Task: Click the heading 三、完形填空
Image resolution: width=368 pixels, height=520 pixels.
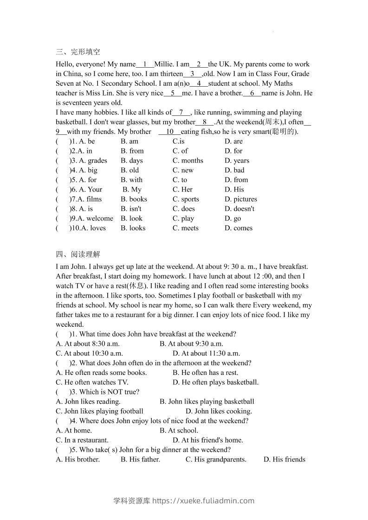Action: (x=77, y=52)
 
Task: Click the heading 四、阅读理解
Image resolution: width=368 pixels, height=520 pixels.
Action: (x=77, y=254)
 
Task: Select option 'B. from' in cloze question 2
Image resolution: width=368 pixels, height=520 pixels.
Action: (x=132, y=151)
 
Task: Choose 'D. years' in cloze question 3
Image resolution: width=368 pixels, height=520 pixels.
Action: (x=237, y=161)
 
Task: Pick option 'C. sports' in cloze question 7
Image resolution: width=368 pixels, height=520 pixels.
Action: (x=186, y=199)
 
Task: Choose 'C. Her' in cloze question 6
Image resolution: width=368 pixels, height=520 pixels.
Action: (x=182, y=190)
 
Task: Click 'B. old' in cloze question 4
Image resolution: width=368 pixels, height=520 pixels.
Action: (x=129, y=171)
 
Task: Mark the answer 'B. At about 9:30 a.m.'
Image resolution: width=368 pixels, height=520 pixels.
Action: (x=191, y=344)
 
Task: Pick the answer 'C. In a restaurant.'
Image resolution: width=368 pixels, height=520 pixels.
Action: (x=82, y=440)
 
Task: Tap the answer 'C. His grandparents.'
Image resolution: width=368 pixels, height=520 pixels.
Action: (x=216, y=460)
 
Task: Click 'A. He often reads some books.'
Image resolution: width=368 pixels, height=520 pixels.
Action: (x=101, y=373)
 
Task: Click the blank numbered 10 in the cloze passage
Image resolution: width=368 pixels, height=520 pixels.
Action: (x=169, y=132)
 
